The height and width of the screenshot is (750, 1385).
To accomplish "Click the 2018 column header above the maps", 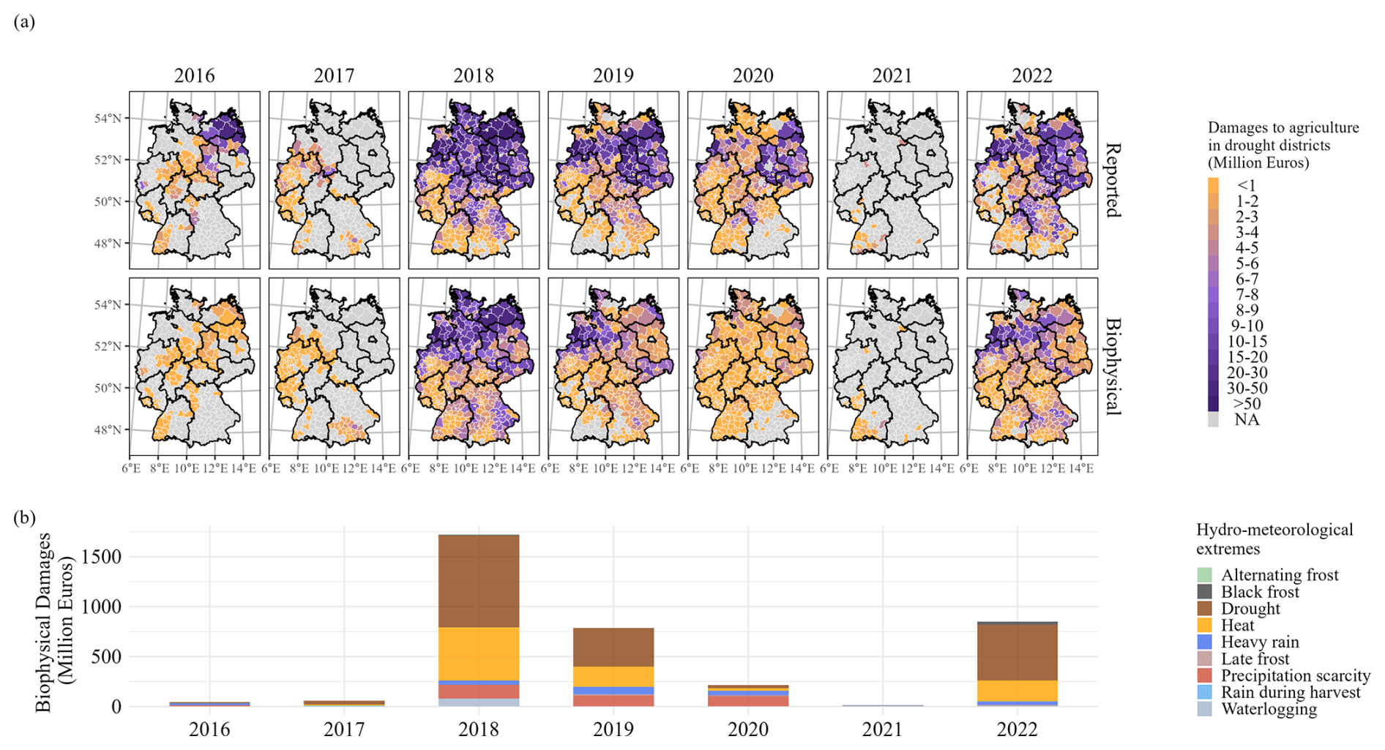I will tap(473, 76).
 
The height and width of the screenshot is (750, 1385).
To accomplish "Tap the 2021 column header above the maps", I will tap(892, 76).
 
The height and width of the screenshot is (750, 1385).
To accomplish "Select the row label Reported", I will tap(1112, 180).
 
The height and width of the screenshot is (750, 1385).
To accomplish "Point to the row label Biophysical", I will tap(1112, 367).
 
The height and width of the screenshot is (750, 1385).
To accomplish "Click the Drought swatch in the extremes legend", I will tap(1204, 609).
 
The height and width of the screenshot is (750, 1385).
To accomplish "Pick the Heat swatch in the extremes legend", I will tap(1204, 626).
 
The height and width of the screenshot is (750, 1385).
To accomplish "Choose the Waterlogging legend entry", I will tap(1269, 709).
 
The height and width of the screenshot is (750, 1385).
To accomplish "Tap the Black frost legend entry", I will tap(1260, 592).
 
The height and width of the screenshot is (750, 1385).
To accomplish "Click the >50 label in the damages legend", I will tap(1247, 404).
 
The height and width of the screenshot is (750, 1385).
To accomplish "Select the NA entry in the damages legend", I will tap(1247, 420).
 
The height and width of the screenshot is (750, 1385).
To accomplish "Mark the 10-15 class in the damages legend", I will tap(1247, 342).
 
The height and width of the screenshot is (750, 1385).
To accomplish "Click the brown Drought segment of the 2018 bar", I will tap(479, 581).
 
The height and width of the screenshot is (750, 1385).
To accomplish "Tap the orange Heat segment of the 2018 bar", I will tap(479, 653).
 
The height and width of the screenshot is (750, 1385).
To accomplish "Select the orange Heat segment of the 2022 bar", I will tap(1017, 691).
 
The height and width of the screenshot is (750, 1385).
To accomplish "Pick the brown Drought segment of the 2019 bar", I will tap(613, 647).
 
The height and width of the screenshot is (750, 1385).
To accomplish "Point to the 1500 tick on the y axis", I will tap(102, 557).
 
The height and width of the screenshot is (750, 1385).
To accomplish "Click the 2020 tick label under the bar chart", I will tap(748, 730).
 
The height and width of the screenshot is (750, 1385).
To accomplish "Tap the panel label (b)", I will tap(24, 518).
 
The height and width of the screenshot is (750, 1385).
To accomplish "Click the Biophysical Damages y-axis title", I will tap(55, 622).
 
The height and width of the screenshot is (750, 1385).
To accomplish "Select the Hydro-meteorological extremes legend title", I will tap(1274, 539).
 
